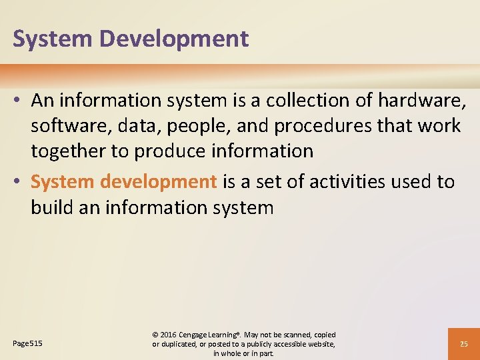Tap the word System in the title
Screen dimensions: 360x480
pos(55,39)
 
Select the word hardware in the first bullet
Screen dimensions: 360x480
pos(421,100)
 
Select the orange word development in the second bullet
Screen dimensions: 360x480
pos(159,181)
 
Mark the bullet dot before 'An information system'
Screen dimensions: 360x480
pos(18,101)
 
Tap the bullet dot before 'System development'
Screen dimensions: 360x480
pos(18,182)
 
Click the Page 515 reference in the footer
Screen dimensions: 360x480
pos(27,343)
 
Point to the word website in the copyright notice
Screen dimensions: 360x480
pos(319,344)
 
